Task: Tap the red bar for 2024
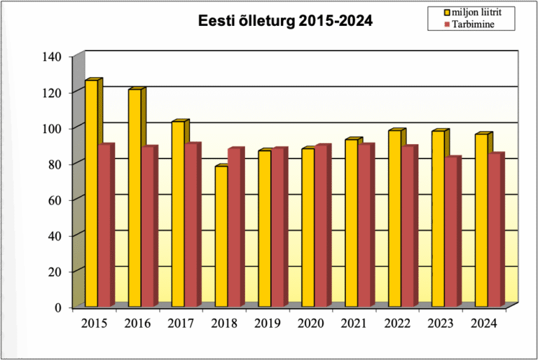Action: pyautogui.click(x=495, y=230)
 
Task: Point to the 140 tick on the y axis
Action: pyautogui.click(x=53, y=56)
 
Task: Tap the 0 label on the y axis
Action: pyautogui.click(x=59, y=307)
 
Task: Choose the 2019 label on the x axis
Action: pyautogui.click(x=268, y=324)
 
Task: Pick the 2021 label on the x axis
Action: pyautogui.click(x=354, y=324)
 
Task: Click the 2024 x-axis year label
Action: pyautogui.click(x=484, y=324)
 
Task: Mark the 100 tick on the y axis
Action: pyautogui.click(x=53, y=128)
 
